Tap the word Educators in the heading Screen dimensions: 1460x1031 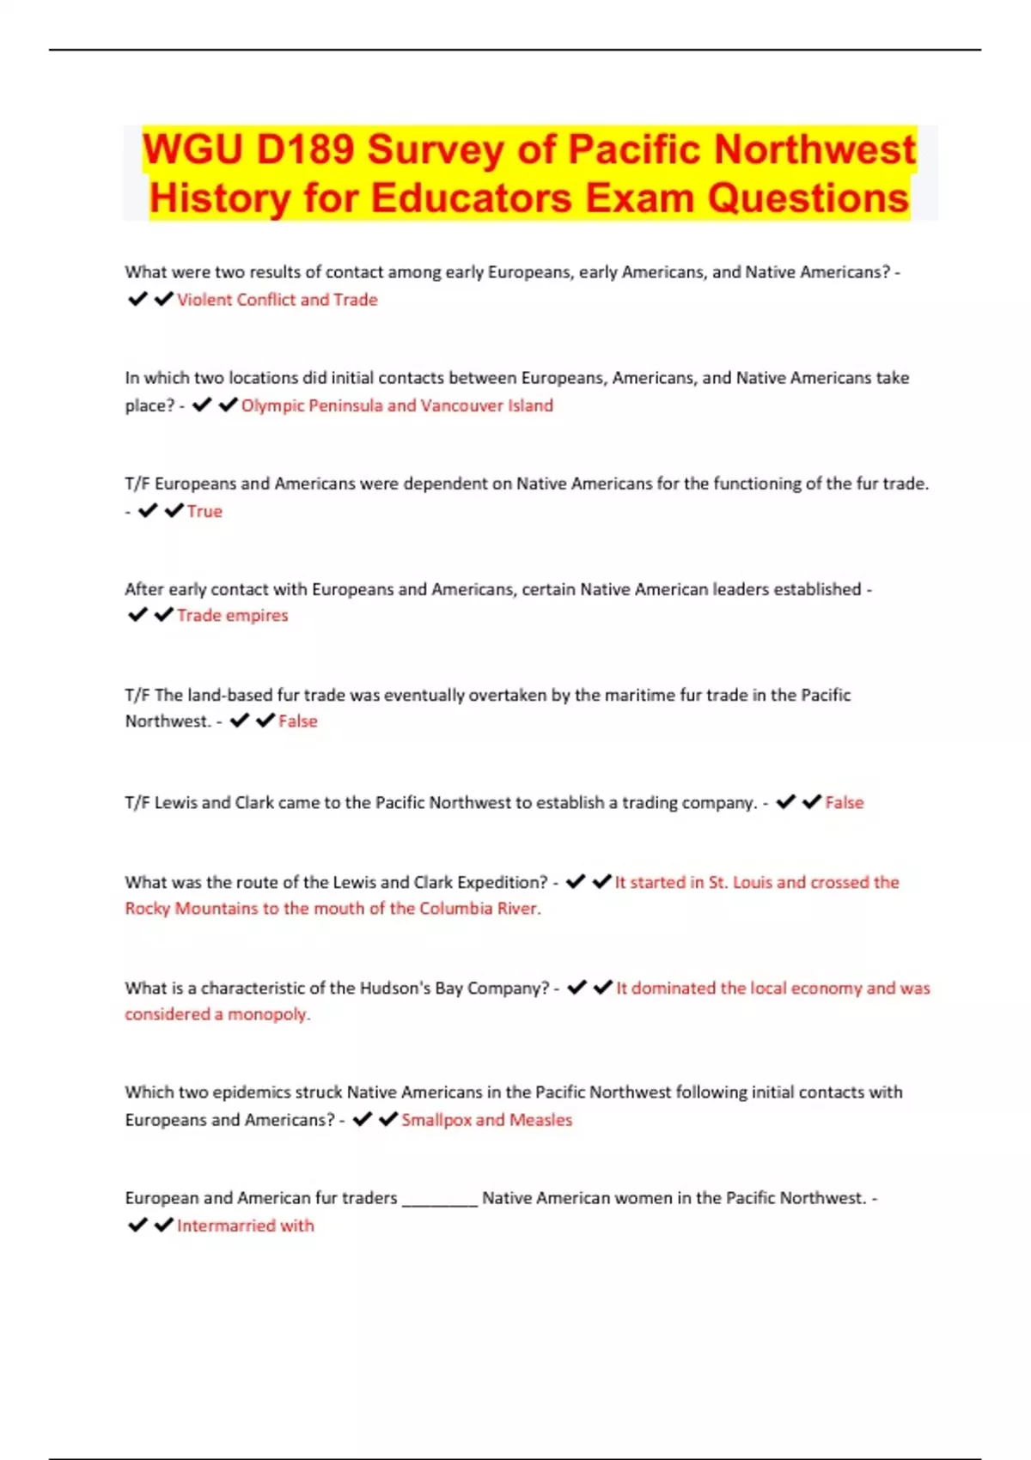coord(471,198)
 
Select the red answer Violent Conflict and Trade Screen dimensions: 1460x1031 coord(277,300)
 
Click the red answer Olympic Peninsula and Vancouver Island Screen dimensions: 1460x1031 coord(397,405)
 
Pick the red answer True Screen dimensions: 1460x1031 coord(204,511)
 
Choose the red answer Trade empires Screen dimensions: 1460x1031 coord(232,616)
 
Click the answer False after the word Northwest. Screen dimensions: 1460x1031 coord(297,721)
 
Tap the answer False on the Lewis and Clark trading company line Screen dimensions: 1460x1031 coord(844,803)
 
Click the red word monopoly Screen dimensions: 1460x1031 coord(268,1014)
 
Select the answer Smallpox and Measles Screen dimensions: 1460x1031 coord(486,1120)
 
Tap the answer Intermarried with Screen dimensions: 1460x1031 coord(245,1226)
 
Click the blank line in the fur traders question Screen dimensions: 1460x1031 coord(439,1199)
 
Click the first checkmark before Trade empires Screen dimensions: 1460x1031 coord(137,616)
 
